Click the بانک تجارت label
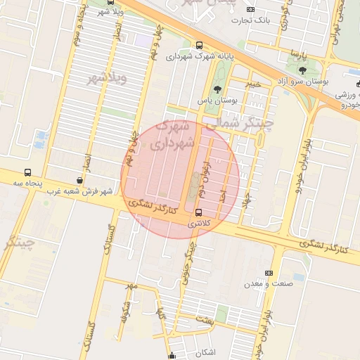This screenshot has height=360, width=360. point(254,21)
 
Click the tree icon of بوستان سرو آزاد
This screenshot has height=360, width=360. point(302,70)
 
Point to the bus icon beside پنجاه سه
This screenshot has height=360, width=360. point(27,172)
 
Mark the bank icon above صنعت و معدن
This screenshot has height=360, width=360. point(269,273)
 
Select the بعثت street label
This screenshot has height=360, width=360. point(205,320)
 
